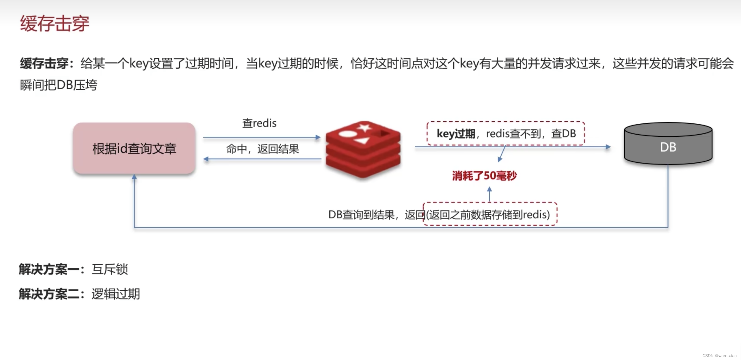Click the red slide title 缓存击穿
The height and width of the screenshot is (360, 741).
tap(55, 23)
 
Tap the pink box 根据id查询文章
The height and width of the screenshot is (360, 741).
tap(134, 148)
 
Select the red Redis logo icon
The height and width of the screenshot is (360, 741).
tap(363, 149)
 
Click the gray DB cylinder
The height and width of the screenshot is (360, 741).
tap(668, 144)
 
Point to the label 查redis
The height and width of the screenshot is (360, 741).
tap(259, 123)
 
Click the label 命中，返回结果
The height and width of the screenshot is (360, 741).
tap(262, 149)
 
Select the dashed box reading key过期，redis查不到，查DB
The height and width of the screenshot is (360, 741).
tap(506, 133)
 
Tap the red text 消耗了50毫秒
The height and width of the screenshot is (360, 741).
tap(484, 176)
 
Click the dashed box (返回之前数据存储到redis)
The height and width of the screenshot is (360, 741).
tap(490, 214)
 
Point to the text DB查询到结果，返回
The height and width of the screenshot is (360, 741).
tap(375, 214)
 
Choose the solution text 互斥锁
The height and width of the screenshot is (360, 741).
tap(110, 269)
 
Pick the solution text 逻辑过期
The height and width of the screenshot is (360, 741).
tap(116, 294)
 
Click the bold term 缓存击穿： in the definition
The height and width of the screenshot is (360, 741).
tap(48, 64)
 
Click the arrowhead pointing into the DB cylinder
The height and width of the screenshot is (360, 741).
tap(608, 147)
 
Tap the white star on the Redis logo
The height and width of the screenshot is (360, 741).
tap(364, 127)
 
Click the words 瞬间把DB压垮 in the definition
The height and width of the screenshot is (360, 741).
tap(59, 85)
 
